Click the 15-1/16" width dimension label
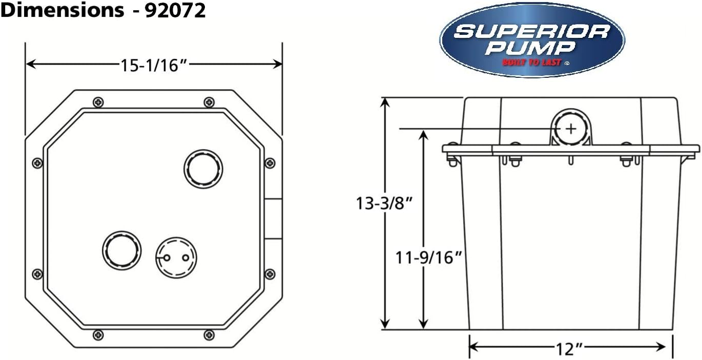tap(154, 66)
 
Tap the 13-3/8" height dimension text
tap(384, 203)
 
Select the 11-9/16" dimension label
tap(428, 258)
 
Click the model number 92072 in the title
tap(175, 10)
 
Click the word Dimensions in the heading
tap(63, 10)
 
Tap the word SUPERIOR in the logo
tap(532, 32)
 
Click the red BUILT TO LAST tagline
tap(532, 62)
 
